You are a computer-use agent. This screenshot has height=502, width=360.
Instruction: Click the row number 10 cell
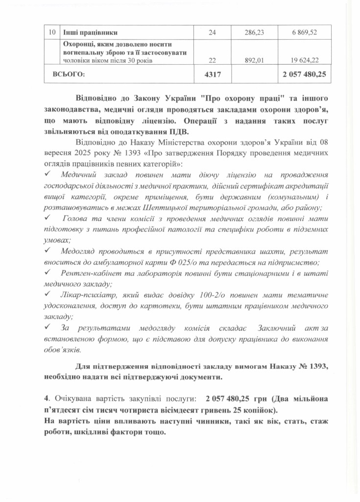click(51, 32)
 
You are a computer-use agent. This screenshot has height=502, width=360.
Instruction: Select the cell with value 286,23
click(254, 32)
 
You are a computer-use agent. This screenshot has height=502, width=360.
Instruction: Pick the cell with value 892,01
click(254, 61)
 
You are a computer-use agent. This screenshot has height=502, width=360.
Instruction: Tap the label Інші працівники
click(90, 32)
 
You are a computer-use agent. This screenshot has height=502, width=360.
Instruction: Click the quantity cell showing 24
click(212, 32)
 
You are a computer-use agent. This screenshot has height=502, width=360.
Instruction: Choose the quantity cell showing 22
click(212, 61)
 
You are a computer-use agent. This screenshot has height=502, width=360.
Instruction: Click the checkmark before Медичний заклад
click(47, 175)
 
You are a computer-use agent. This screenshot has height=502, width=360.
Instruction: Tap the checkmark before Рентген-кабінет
click(47, 272)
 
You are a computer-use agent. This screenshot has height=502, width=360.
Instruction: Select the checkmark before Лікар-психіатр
click(47, 294)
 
